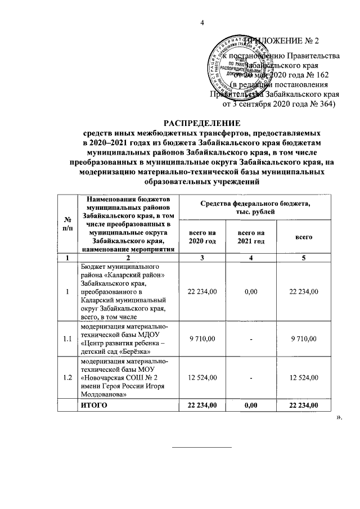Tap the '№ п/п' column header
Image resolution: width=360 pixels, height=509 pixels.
pos(67,224)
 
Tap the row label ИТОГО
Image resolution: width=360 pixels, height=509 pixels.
pos(95,406)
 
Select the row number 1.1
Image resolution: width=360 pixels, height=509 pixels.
pos(67,339)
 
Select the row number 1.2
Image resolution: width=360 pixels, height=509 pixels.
pos(67,377)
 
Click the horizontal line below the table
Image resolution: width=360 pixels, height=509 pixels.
pos(201,448)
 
